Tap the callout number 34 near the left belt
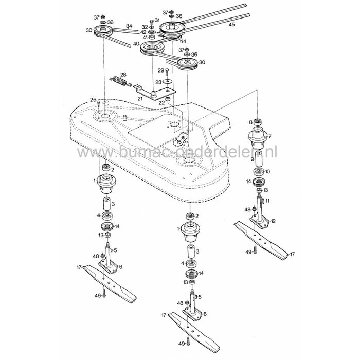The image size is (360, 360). (129, 26)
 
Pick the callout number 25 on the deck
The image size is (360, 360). (93, 99)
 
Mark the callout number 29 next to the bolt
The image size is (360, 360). (160, 70)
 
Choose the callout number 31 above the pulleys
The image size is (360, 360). (157, 20)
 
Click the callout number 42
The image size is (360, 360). (144, 31)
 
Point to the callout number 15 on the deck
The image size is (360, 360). (179, 142)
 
